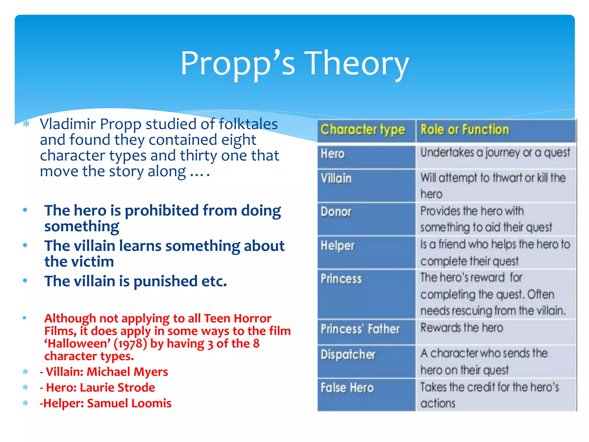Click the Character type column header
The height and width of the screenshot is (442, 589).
pos(363,130)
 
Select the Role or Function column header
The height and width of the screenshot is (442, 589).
pos(465,130)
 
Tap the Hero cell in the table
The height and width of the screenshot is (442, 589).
pos(333,154)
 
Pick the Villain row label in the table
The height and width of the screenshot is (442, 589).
pos(336,179)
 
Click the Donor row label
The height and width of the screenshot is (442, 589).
pos(336,212)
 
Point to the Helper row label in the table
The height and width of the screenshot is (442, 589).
pos(338,246)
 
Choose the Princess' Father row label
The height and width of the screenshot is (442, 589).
pos(360,329)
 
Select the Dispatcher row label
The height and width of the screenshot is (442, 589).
pos(348,355)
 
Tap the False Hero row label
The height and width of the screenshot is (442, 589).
pos(347,388)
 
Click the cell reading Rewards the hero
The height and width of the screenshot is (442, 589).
pos(462,328)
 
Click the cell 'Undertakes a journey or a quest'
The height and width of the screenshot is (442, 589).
pos(495,153)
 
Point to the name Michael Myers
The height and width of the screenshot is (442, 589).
pos(127,372)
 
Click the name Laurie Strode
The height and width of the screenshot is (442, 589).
pos(117,388)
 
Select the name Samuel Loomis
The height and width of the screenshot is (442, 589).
pos(129,403)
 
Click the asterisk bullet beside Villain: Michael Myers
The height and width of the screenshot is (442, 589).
pos(26,372)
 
